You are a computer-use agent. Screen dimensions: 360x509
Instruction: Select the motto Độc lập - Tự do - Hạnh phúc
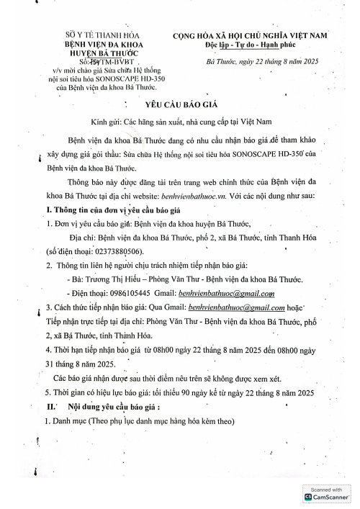243,45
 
